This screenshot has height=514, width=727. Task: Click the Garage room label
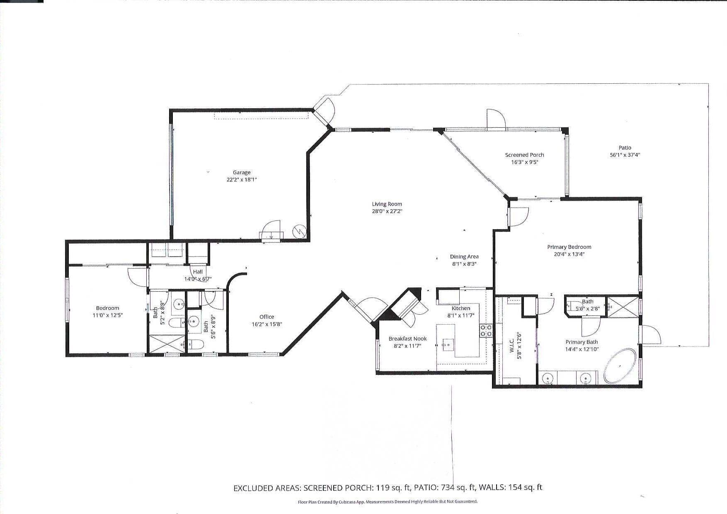click(242, 172)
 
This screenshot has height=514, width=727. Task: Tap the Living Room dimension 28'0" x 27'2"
click(387, 211)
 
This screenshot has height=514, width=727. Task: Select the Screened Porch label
click(524, 155)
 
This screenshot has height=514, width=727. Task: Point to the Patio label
click(625, 148)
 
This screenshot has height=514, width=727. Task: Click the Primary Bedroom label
click(569, 247)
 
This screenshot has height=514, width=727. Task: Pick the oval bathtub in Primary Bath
click(620, 366)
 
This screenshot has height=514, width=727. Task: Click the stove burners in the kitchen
click(486, 330)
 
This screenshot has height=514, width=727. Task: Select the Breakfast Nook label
click(407, 339)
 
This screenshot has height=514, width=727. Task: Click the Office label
click(267, 317)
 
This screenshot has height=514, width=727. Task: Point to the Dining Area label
click(464, 257)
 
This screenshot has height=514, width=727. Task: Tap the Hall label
click(198, 272)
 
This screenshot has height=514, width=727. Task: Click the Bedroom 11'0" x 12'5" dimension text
click(107, 315)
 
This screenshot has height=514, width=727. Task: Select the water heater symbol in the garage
click(299, 232)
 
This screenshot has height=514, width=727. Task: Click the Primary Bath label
click(582, 342)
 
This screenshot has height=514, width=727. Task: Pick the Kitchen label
click(461, 308)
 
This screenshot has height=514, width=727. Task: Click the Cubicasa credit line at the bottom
click(388, 502)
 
